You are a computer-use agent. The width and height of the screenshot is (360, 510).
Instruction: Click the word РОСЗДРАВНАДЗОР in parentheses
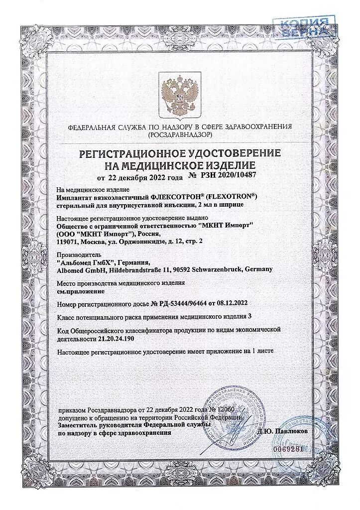point(180,135)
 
